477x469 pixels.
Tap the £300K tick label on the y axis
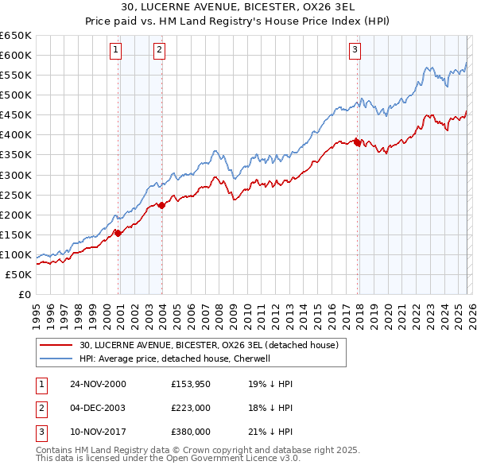click(16, 175)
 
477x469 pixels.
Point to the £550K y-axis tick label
click(16, 76)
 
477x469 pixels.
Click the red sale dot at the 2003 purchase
click(161, 205)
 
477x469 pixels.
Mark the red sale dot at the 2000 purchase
click(118, 233)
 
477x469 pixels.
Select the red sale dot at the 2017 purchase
click(358, 142)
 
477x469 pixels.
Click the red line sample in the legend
click(57, 345)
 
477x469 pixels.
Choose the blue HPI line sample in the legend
click(57, 359)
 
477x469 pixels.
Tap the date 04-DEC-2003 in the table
click(98, 408)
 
